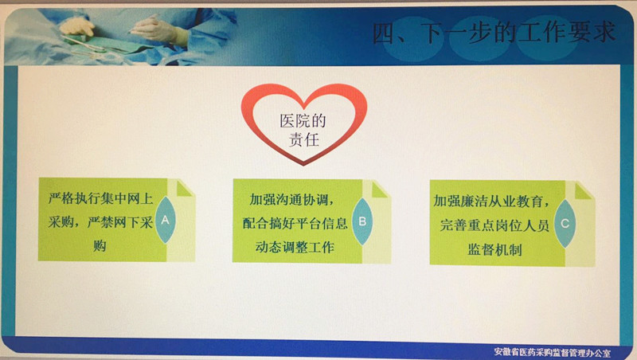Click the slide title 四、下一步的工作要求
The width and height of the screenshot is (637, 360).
point(494,33)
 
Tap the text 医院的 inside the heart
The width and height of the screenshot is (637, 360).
point(303,121)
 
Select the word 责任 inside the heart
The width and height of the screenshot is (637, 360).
point(304,139)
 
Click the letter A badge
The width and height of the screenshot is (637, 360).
point(166,220)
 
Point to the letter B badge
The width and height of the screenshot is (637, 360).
point(362,221)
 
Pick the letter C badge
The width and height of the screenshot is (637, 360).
point(565,224)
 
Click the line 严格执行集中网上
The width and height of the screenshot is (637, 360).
point(100,198)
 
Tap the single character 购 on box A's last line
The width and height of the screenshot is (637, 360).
point(100,246)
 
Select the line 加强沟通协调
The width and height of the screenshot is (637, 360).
point(291,199)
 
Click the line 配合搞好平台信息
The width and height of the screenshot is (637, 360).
point(295,223)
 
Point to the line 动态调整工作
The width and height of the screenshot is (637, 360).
point(295,247)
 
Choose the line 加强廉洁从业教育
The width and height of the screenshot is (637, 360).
point(491,201)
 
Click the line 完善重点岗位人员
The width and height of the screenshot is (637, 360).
point(494,225)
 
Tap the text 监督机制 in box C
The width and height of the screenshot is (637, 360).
point(494,249)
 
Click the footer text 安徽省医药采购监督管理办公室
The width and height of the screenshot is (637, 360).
point(553,352)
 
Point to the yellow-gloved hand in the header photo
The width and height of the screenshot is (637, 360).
point(77,26)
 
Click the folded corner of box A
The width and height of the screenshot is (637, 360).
point(184,189)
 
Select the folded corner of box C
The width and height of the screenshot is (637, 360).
point(583,191)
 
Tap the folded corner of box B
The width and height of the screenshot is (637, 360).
point(380,190)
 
